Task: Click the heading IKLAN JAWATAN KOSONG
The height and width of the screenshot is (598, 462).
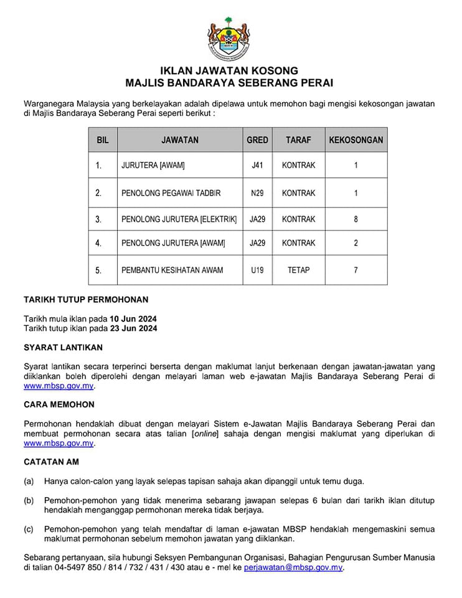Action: (229, 70)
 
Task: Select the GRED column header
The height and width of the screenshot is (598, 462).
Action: (257, 140)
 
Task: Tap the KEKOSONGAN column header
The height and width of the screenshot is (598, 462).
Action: (356, 140)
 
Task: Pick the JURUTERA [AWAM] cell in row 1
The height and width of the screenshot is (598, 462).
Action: (153, 166)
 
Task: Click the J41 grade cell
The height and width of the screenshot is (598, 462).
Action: (257, 166)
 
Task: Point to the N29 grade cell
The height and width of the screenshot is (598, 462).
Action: (257, 193)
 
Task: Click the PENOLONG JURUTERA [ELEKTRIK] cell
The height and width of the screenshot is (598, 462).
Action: (179, 219)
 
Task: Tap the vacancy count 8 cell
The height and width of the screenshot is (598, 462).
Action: (356, 219)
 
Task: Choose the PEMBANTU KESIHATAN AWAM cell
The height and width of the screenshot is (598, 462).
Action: (172, 270)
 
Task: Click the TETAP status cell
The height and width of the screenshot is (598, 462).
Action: (298, 270)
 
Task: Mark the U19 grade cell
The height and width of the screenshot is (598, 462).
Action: (257, 270)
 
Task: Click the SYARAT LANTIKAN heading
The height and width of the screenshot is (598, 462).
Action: (63, 347)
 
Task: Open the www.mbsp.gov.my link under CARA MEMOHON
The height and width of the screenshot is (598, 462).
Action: (59, 443)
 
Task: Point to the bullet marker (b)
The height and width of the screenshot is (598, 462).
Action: (29, 501)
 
